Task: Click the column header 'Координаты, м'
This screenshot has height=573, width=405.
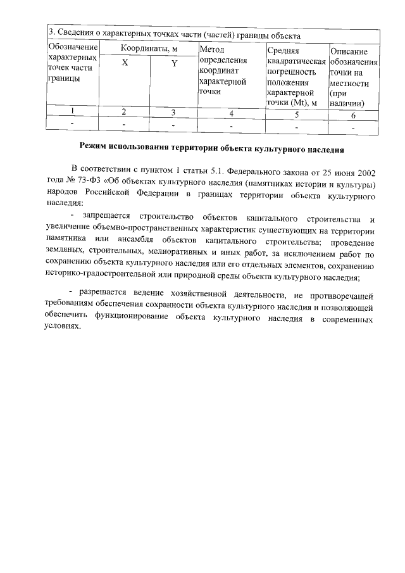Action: [149, 49]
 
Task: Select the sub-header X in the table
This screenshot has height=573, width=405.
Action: [125, 63]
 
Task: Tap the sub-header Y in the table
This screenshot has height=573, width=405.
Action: [174, 63]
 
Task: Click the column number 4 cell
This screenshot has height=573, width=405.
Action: [232, 114]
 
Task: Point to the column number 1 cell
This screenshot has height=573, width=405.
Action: [72, 111]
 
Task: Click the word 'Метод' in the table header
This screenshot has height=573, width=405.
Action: [212, 49]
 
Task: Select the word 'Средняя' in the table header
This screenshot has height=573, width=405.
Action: [283, 51]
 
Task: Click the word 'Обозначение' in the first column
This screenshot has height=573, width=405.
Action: [72, 47]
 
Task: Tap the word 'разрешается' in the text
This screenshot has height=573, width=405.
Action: [106, 293]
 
